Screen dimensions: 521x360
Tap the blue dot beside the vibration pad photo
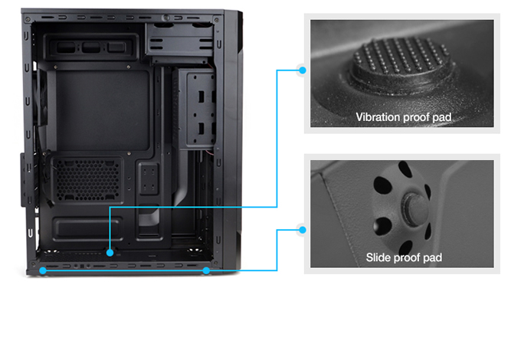coord(303,70)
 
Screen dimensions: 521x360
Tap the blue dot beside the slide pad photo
coord(303,230)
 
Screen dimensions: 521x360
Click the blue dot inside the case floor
coord(110,253)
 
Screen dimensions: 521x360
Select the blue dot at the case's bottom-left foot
coord(43,270)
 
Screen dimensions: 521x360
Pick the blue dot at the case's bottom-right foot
coord(206,270)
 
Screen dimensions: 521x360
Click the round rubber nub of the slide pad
coord(415,209)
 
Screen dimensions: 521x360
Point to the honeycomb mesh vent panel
coord(87,180)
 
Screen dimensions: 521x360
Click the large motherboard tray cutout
coord(103,110)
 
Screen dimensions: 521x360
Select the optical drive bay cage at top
coord(179,43)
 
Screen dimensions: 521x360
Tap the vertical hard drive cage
coord(197,109)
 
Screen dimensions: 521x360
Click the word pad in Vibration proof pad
coord(441,117)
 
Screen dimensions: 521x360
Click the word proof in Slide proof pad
coord(408,258)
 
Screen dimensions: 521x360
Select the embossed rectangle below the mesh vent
coord(87,228)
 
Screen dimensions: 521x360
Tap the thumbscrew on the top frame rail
coord(165,18)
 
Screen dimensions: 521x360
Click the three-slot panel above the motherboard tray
coord(91,47)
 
